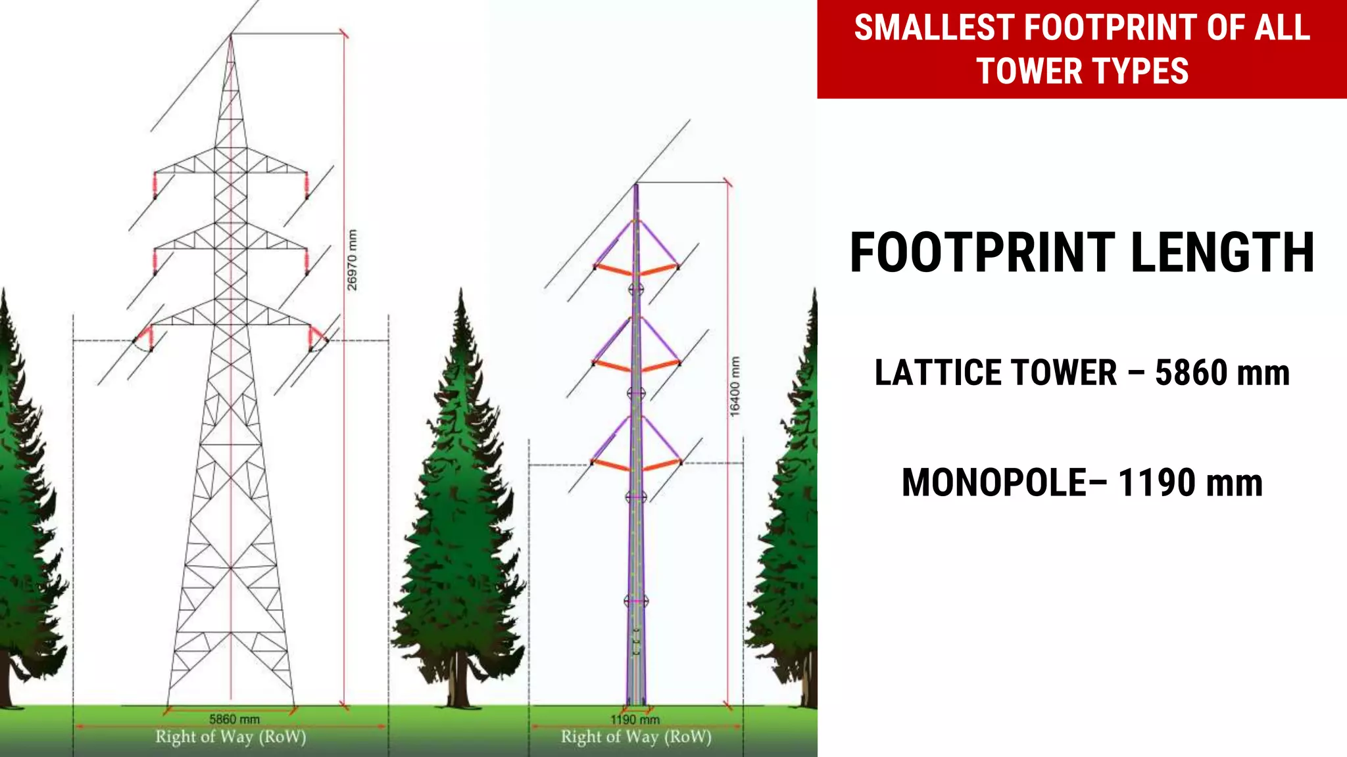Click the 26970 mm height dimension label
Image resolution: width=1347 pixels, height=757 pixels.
coord(352,260)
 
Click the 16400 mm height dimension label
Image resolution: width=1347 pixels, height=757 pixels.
coord(735,386)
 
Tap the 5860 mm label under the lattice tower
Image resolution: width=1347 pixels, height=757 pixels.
coord(234,720)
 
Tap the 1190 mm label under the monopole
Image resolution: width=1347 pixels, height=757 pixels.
coord(635,720)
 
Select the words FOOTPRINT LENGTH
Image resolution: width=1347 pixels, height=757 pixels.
coord(1082,253)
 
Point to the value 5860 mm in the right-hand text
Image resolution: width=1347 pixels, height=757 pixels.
coord(1222,373)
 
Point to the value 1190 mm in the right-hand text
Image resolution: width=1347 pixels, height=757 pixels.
coord(1190,483)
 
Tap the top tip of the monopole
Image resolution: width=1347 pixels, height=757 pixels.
coord(636,187)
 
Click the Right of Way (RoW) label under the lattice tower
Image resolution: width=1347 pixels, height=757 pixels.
coord(231,737)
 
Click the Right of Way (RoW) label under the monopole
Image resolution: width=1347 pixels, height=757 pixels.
coord(636,737)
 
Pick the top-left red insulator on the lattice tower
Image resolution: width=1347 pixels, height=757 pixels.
coord(155,185)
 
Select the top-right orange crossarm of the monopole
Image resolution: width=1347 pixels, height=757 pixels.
coord(659,270)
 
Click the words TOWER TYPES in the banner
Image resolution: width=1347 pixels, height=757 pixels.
coord(1083,72)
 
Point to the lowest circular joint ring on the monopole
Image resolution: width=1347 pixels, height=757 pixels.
coord(636,601)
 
